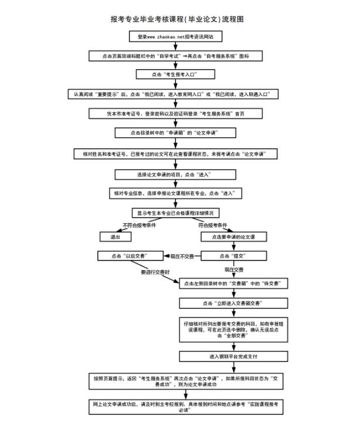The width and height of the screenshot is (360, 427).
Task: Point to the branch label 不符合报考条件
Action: coord(139,226)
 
